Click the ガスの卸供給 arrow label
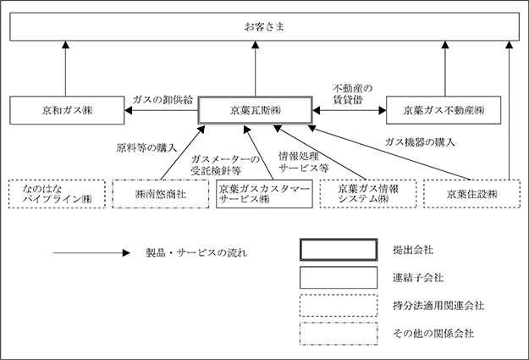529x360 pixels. (163, 100)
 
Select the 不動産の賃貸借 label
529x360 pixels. (353, 94)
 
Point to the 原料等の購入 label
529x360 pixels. (146, 148)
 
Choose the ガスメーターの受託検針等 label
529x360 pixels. (225, 165)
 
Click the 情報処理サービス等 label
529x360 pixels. (303, 162)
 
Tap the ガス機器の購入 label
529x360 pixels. (420, 142)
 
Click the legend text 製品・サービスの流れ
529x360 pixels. (196, 253)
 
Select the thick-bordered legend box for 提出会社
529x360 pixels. (339, 250)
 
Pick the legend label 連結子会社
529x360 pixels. (417, 278)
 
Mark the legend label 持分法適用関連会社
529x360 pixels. (438, 306)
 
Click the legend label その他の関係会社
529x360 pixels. (433, 334)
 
